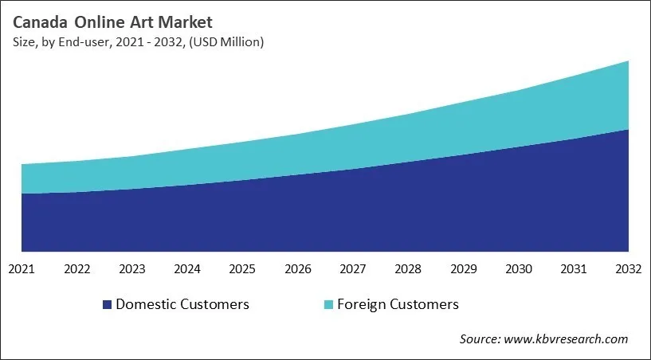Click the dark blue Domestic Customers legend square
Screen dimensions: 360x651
click(x=107, y=304)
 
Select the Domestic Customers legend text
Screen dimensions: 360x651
click(x=182, y=304)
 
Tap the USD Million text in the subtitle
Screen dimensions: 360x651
click(x=233, y=41)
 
